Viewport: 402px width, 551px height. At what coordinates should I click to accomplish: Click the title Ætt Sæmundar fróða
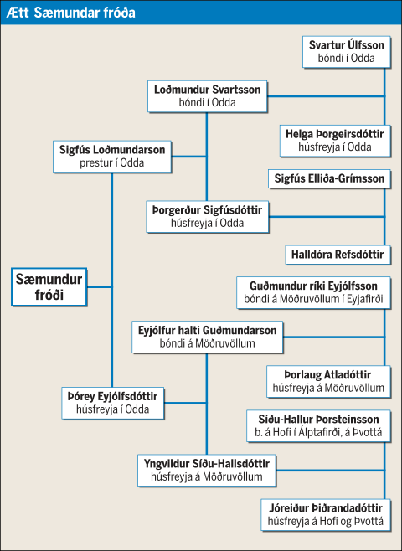click(70, 13)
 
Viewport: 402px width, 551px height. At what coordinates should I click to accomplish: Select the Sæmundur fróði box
click(49, 287)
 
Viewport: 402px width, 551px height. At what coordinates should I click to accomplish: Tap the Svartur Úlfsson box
click(347, 52)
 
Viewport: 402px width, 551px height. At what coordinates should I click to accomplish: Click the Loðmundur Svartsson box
click(208, 96)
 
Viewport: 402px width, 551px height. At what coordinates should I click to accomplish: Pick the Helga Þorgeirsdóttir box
click(335, 141)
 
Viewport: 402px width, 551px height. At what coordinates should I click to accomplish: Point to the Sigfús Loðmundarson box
click(112, 157)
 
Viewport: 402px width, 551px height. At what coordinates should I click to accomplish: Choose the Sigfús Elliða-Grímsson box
click(330, 179)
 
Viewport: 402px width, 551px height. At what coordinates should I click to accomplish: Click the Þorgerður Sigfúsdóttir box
click(208, 216)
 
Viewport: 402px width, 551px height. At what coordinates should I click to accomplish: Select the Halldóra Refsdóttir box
click(338, 255)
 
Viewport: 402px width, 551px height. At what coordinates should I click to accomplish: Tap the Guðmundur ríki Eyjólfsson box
click(313, 293)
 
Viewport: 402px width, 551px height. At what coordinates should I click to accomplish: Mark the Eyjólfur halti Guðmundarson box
click(208, 337)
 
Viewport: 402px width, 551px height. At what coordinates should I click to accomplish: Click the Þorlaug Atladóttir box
click(328, 381)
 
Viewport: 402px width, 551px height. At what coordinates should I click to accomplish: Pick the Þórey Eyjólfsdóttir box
click(113, 403)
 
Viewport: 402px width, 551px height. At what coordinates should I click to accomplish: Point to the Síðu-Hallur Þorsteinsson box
click(318, 425)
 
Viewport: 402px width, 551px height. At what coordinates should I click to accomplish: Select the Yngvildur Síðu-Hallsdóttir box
click(207, 470)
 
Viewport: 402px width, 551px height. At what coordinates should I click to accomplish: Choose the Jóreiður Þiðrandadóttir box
click(326, 515)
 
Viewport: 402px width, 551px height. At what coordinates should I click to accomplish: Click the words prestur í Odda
click(112, 163)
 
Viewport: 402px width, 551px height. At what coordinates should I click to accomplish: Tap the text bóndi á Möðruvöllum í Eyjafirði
click(313, 300)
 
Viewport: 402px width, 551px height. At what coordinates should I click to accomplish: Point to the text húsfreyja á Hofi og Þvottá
click(326, 521)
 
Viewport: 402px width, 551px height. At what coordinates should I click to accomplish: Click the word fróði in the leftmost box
click(49, 295)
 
